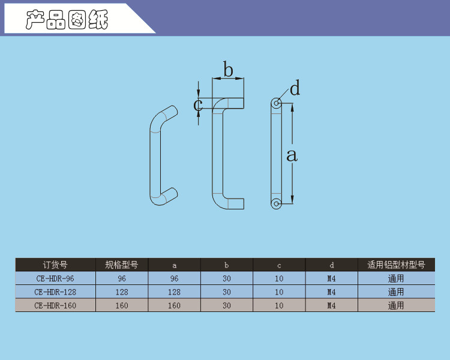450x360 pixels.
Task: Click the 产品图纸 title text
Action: click(67, 20)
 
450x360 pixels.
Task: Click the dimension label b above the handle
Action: click(228, 69)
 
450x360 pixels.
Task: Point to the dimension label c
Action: click(198, 105)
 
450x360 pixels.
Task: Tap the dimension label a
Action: click(292, 155)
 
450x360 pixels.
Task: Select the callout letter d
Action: click(295, 88)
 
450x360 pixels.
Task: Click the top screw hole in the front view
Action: click(277, 103)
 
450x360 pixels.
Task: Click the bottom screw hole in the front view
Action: click(277, 203)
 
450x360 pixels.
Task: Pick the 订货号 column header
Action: click(55, 265)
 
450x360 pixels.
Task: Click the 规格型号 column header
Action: click(122, 265)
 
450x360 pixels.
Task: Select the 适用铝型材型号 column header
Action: click(396, 265)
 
